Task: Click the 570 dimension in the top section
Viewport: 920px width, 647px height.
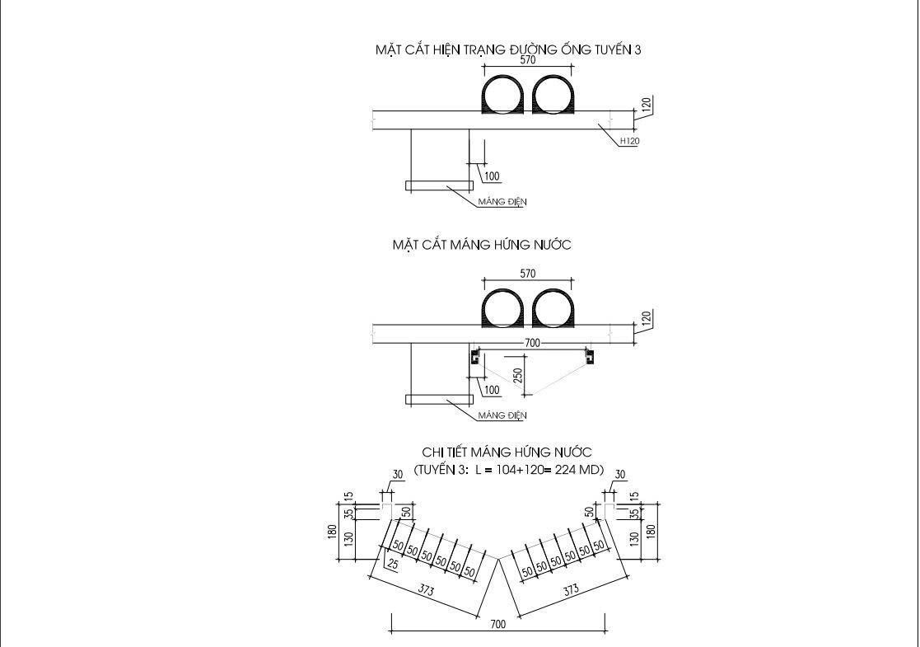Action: [x=528, y=60]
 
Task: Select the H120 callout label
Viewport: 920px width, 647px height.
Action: [x=629, y=141]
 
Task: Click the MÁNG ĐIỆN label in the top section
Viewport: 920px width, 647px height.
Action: [x=502, y=202]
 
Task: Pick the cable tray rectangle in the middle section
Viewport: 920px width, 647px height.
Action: [x=439, y=400]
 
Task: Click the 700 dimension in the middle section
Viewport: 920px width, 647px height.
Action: [x=532, y=342]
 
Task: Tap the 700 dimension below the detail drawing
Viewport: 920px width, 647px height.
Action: [x=497, y=625]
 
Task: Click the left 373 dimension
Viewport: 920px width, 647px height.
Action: [x=426, y=590]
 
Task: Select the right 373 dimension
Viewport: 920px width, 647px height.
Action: [x=570, y=590]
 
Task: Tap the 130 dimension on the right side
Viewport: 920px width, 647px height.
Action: [x=634, y=538]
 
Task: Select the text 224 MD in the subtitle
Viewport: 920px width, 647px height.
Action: [x=581, y=471]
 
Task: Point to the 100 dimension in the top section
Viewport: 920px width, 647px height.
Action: [x=492, y=176]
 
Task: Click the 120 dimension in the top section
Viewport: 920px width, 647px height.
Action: [x=647, y=105]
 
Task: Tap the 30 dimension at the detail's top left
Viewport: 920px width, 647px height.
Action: [x=398, y=475]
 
